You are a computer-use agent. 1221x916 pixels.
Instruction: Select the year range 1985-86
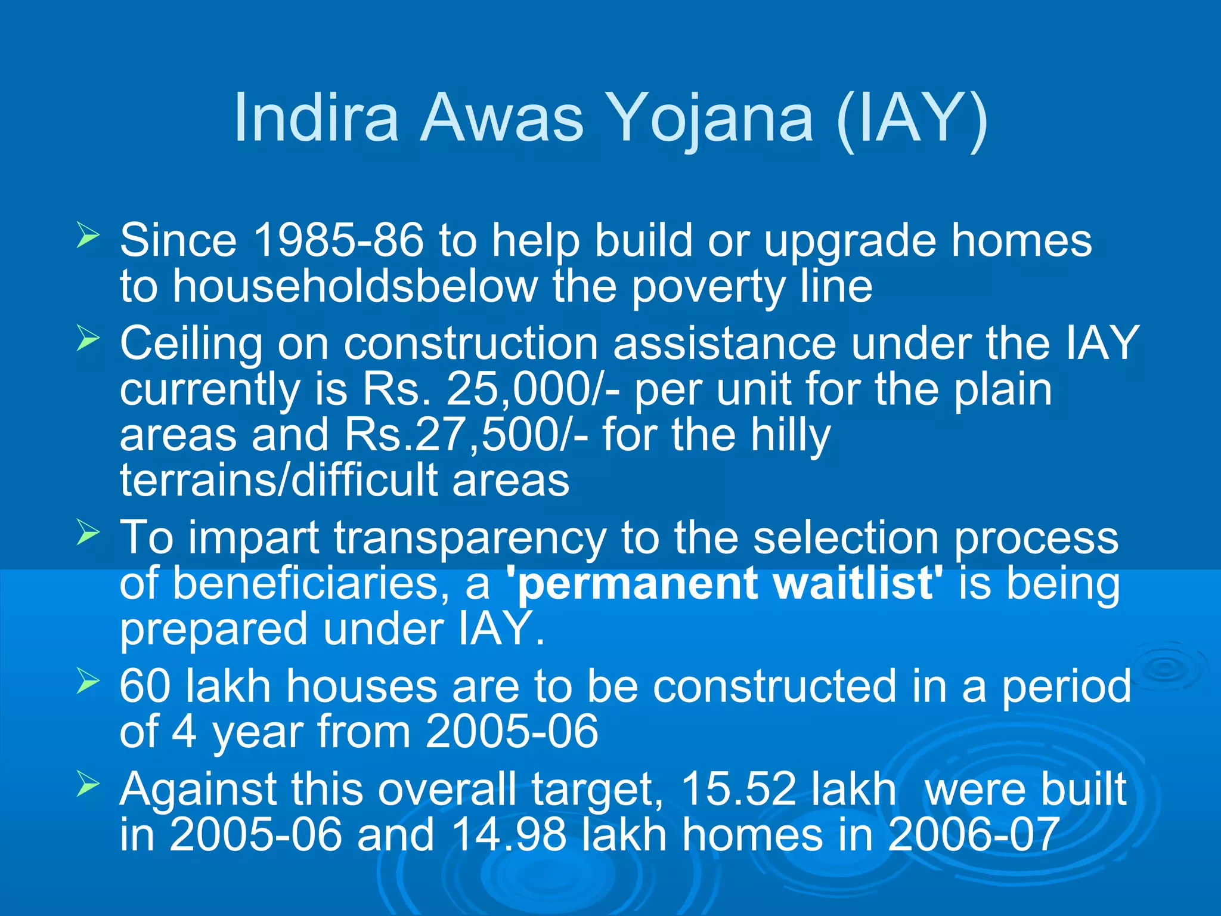tap(338, 240)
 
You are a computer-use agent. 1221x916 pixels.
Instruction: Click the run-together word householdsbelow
tap(355, 286)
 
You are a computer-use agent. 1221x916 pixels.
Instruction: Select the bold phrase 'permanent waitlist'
tap(724, 583)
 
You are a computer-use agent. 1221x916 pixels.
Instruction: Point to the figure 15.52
tap(738, 789)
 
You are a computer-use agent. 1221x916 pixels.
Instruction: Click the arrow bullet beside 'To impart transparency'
tap(88, 532)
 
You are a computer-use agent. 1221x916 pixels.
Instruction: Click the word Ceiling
tap(191, 344)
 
